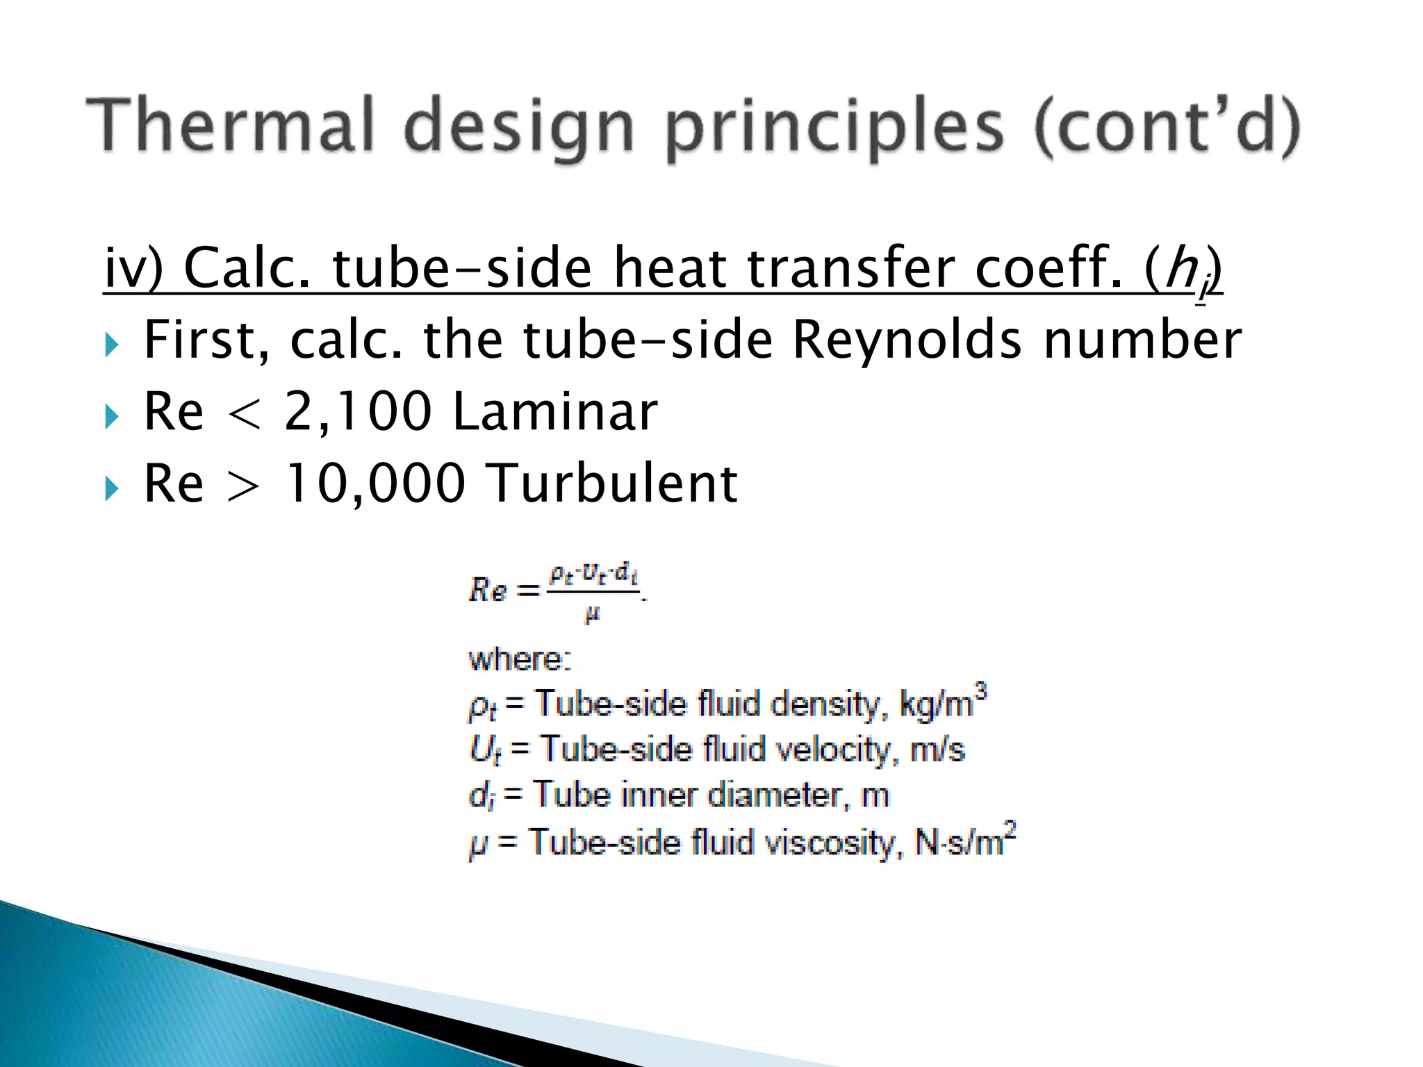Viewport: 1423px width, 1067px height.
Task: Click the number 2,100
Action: (357, 412)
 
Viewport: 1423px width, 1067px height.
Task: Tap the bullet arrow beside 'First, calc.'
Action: (113, 345)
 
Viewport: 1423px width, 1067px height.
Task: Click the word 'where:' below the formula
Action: (520, 659)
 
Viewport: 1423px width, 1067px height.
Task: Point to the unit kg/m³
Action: (942, 703)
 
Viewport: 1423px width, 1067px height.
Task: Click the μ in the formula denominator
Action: (592, 615)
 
